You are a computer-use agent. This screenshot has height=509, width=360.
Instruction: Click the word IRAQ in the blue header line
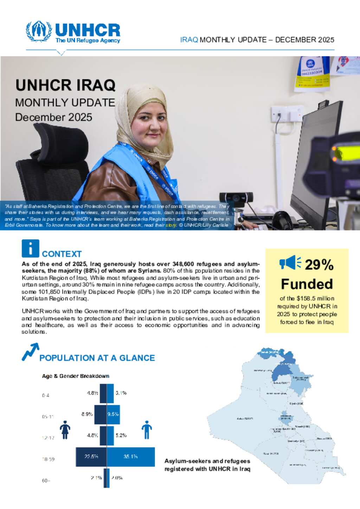189,40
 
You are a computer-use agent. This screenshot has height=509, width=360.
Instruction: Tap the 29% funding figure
319,265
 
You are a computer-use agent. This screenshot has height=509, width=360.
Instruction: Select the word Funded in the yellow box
307,284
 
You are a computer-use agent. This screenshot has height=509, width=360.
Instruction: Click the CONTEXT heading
62,254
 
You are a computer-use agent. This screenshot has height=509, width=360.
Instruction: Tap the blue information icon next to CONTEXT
30,248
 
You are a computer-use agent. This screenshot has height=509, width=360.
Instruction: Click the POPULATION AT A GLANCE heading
97,358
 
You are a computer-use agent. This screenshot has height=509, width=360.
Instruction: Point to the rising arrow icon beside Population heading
30,352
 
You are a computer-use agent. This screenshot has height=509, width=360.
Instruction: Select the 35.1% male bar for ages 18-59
131,457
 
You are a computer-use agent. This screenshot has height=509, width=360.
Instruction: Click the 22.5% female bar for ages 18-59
91,457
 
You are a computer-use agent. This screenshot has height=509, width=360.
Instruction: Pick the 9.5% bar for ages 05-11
113,414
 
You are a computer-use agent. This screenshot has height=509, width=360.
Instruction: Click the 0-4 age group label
46,395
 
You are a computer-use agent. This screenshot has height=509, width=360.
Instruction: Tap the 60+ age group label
46,480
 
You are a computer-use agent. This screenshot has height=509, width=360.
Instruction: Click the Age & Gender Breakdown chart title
76,376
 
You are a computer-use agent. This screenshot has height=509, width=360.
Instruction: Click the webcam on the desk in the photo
236,197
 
